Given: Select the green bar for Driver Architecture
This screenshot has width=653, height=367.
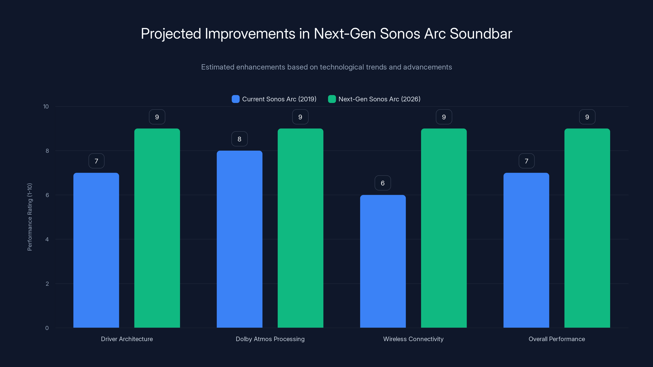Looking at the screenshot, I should tap(157, 228).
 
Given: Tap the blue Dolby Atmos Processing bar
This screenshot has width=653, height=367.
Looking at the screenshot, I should tap(239, 239).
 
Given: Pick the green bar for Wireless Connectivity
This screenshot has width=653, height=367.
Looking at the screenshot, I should tap(444, 228).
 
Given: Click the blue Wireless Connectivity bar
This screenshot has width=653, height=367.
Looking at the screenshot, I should tap(383, 261).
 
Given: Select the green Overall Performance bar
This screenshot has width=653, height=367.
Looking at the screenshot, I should tap(587, 228).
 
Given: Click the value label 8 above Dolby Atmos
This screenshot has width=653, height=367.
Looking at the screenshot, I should tap(239, 139).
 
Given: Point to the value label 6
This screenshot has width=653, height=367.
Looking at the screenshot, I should tap(383, 183).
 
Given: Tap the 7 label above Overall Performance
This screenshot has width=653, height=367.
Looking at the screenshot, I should tap(526, 161).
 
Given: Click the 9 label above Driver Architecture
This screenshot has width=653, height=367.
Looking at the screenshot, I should tap(157, 117).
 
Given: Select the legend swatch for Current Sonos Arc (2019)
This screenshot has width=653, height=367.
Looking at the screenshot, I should tap(235, 99).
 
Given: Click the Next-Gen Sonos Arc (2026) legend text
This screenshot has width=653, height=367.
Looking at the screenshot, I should tap(379, 99).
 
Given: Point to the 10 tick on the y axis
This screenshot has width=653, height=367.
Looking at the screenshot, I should tap(46, 106).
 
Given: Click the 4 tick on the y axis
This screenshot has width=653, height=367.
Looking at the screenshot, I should tap(47, 239).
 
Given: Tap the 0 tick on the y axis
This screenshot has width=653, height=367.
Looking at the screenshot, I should tap(47, 328).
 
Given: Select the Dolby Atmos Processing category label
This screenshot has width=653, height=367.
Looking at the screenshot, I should tap(270, 339).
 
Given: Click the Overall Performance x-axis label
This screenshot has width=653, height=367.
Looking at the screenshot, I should tap(557, 339).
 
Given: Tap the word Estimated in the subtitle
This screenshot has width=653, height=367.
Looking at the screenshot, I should tap(218, 67).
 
